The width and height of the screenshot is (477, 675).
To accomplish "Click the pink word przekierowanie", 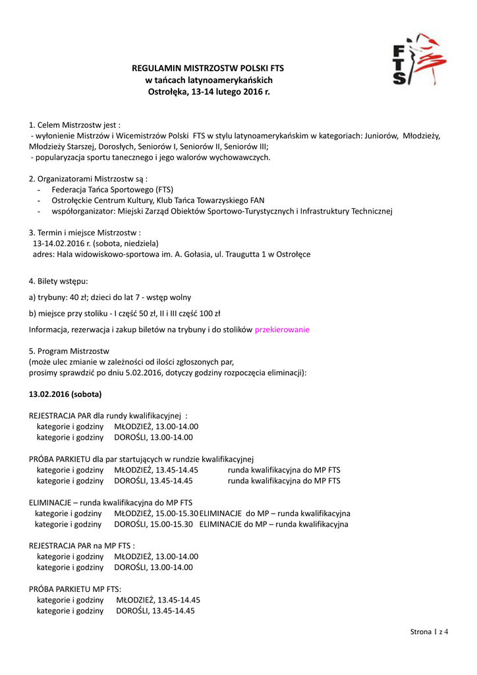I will pyautogui.click(x=282, y=330).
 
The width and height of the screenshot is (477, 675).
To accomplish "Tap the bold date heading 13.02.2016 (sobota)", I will pyautogui.click(x=65, y=394).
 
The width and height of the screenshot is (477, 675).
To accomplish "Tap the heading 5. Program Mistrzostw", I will pyautogui.click(x=69, y=351).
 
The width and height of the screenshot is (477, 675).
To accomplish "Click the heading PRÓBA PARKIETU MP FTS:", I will pyautogui.click(x=75, y=589).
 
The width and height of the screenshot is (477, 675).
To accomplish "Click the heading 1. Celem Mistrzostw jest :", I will pyautogui.click(x=74, y=125).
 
